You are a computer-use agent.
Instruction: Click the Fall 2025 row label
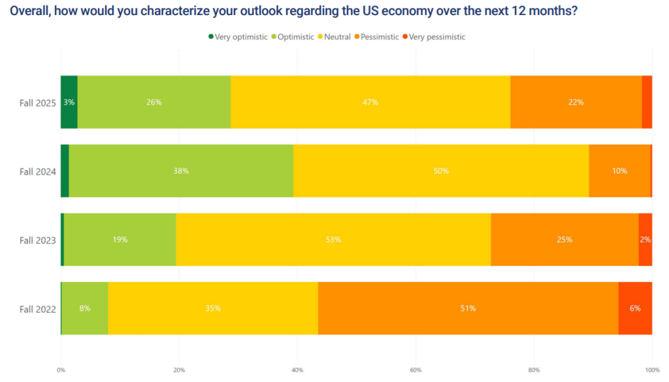tap(38, 103)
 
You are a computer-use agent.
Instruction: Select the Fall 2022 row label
tap(38, 309)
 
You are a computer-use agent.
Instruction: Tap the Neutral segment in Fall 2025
tap(370, 103)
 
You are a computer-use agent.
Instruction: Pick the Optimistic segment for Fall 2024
tap(181, 171)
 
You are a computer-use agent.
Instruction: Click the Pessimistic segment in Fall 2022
tap(468, 308)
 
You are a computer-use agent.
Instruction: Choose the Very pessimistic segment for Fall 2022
tap(635, 308)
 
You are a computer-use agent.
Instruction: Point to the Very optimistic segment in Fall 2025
tap(69, 103)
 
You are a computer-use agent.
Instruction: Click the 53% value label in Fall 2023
tap(333, 240)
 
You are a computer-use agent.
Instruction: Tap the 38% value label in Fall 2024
tap(181, 171)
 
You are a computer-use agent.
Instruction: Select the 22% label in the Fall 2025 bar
tap(576, 103)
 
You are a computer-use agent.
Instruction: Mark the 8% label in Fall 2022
tap(85, 308)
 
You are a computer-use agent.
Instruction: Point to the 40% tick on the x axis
tap(297, 370)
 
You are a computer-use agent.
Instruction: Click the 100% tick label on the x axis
tap(651, 370)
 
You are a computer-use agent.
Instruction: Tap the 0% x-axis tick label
tap(61, 370)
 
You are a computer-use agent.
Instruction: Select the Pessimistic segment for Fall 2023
tap(564, 240)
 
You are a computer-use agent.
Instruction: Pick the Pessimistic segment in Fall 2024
tap(619, 171)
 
